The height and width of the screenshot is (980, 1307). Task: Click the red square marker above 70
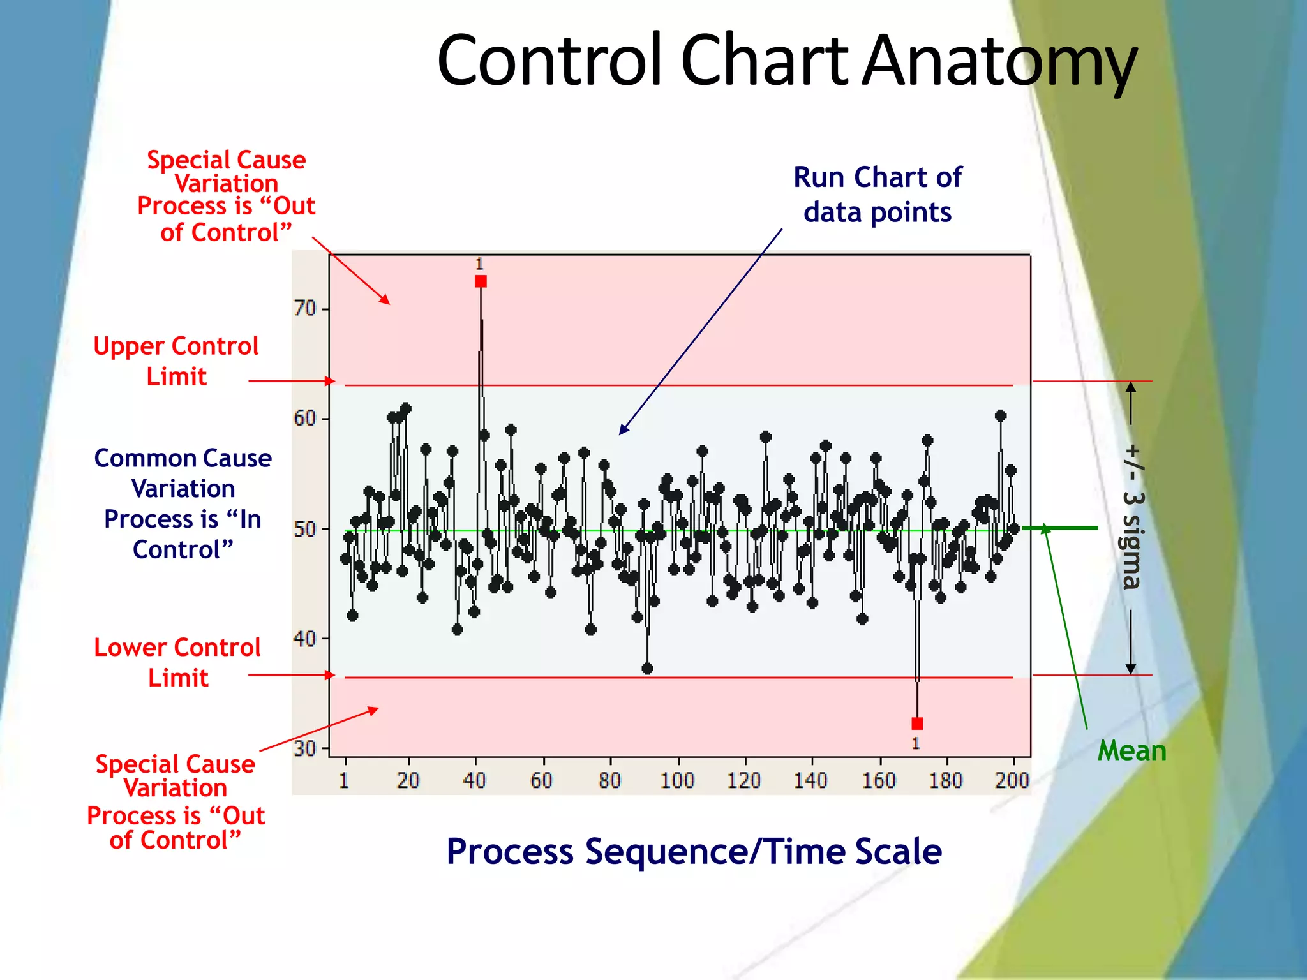tap(481, 281)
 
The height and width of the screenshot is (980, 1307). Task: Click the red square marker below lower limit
tap(917, 724)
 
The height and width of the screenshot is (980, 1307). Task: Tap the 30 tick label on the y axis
tap(305, 748)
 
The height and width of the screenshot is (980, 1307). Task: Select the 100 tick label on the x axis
tap(676, 780)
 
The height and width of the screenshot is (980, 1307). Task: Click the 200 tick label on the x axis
tap(1012, 780)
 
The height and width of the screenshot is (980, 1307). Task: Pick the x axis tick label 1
tap(344, 780)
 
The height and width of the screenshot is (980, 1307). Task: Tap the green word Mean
tap(1131, 751)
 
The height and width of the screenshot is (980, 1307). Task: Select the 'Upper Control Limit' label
tap(176, 361)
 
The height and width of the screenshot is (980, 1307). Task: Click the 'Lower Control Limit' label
tap(177, 662)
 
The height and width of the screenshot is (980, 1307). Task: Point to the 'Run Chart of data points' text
tap(878, 195)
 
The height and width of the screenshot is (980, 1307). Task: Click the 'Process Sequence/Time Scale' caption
tap(694, 852)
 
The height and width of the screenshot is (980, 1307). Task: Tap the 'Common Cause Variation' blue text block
tap(183, 504)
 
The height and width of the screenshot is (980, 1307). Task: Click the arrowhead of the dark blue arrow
tap(622, 431)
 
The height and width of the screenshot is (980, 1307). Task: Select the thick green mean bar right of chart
tap(1060, 528)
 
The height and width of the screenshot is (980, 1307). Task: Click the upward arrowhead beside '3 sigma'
tap(1130, 387)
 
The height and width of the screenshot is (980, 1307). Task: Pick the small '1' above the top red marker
tap(479, 264)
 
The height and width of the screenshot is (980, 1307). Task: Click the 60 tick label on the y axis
tap(305, 419)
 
